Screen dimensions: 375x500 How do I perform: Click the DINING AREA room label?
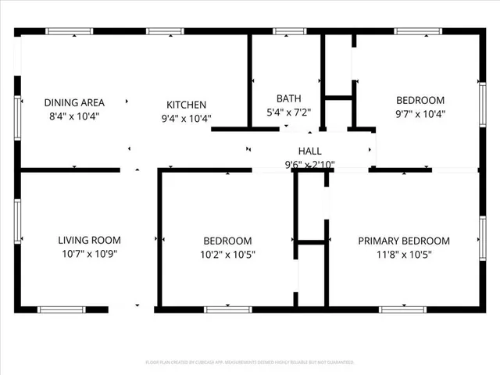74,102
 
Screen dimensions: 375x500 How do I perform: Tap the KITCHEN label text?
186,105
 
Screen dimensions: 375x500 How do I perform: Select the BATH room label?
289,98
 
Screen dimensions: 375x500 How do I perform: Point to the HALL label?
309,151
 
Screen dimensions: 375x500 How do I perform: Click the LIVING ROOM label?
90,241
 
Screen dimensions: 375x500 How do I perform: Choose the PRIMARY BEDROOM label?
404,241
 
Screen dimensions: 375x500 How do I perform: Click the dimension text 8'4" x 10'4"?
74,116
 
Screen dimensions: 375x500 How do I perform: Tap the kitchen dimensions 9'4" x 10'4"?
186,119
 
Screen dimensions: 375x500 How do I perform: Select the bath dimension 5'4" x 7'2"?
289,112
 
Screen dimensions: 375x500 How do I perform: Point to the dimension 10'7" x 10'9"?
90,254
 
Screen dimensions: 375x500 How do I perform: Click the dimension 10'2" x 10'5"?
227,254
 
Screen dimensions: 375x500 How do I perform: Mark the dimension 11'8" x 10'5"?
404,254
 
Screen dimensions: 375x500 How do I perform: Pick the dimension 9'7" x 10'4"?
420,113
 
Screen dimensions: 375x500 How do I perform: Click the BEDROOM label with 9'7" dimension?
420,100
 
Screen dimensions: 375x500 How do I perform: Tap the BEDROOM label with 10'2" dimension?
227,241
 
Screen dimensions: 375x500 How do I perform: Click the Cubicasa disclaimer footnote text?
250,362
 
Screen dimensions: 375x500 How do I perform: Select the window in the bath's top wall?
289,31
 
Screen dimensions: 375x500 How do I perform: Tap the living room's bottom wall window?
62,309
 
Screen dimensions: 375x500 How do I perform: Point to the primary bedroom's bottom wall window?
402,309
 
